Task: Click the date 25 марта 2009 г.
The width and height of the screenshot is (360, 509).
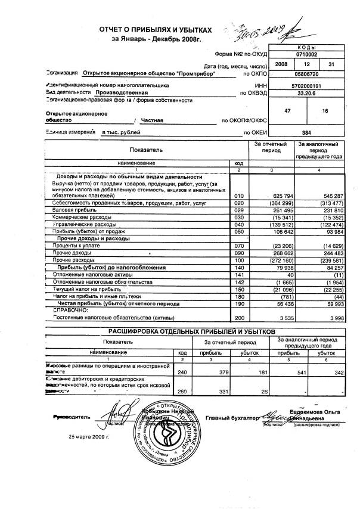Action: click(x=93, y=436)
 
